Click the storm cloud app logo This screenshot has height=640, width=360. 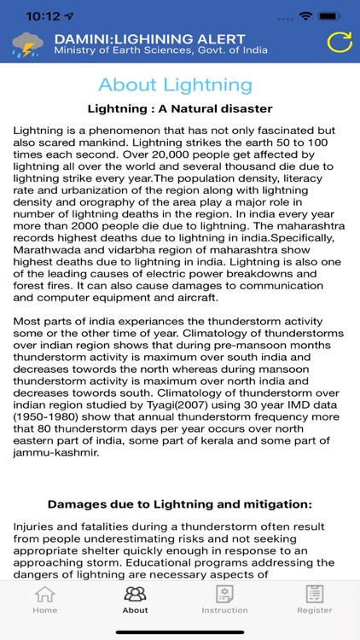(27, 44)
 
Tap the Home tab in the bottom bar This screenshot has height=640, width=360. (44, 599)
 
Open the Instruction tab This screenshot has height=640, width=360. (224, 599)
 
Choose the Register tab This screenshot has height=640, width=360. (315, 599)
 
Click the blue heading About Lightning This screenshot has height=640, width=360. (175, 84)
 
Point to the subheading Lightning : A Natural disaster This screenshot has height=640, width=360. (180, 108)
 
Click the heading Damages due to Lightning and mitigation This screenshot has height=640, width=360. (180, 504)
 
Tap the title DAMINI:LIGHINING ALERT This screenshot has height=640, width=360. (149, 38)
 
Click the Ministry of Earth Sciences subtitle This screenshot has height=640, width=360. (161, 50)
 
